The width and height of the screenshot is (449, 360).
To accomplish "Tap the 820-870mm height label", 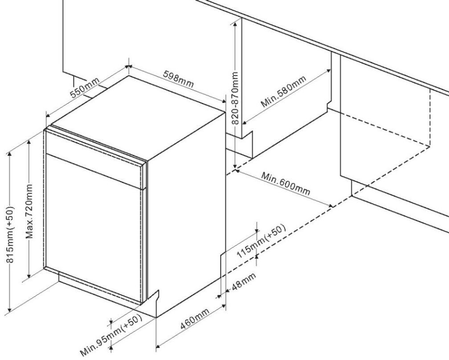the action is (236, 98).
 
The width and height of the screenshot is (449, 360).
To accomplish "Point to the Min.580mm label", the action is (283, 93).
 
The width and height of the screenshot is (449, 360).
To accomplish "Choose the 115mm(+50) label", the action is (261, 241).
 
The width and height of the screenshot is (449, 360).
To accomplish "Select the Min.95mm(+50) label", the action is (111, 333).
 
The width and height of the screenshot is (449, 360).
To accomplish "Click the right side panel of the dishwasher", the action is (187, 209).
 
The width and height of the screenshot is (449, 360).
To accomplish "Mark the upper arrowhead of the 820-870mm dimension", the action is (235, 20).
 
